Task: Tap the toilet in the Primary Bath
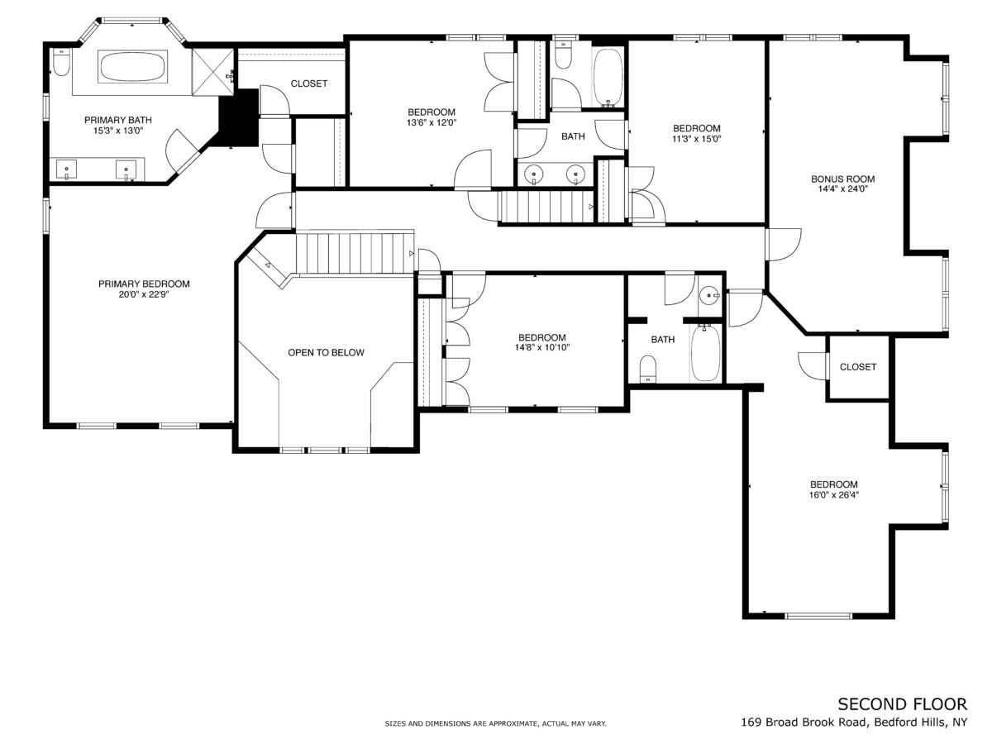61,61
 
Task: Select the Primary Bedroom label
144,284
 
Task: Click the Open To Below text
326,352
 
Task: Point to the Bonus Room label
843,179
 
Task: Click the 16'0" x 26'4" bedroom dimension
834,494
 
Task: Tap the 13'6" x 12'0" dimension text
432,122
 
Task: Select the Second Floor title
903,704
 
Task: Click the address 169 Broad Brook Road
804,723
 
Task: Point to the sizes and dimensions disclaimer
495,723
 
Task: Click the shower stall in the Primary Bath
212,72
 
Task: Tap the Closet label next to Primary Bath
309,83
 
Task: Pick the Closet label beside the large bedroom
858,367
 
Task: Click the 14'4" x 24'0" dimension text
843,188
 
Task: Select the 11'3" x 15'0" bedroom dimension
696,138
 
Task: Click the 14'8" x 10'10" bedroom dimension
541,347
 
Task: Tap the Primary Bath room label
118,120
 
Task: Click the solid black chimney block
239,117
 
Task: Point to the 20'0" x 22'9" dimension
143,294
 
